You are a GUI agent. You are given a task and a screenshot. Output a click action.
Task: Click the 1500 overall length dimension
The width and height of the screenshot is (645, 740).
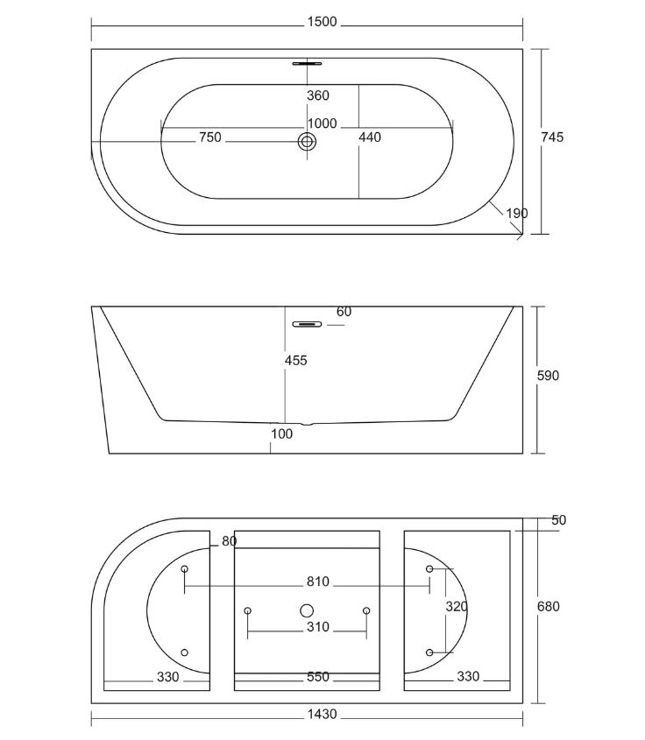click(x=322, y=22)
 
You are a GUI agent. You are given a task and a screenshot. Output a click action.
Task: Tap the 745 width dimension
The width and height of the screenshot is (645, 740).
click(x=552, y=137)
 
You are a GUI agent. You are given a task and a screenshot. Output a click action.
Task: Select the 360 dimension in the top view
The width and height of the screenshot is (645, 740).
click(x=318, y=95)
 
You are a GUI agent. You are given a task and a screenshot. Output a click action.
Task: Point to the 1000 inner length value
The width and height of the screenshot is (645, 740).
click(x=322, y=123)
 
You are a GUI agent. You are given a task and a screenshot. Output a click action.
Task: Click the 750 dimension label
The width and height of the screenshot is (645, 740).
click(x=210, y=137)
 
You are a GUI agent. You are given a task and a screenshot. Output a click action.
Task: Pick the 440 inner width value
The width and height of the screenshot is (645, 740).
click(x=370, y=137)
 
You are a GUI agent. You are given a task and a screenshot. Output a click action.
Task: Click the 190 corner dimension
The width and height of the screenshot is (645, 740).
click(x=517, y=214)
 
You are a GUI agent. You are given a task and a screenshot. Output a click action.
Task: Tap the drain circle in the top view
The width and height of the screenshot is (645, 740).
click(x=307, y=141)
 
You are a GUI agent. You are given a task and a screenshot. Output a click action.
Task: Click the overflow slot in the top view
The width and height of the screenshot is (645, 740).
click(x=307, y=63)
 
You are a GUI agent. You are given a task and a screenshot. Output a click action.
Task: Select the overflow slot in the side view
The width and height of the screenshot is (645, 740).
click(x=307, y=324)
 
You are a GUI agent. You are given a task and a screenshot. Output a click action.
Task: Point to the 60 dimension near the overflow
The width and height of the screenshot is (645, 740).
click(x=344, y=312)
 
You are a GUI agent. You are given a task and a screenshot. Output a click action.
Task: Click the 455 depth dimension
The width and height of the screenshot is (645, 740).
click(x=296, y=361)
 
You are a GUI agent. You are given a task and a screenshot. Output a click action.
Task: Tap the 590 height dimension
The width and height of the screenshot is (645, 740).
click(x=549, y=376)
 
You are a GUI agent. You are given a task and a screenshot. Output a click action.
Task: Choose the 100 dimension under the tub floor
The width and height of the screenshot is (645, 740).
click(x=282, y=433)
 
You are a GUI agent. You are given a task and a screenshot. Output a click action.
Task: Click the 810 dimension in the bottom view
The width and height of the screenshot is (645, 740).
click(x=318, y=581)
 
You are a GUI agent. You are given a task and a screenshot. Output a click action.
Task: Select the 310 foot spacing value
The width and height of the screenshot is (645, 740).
click(x=318, y=627)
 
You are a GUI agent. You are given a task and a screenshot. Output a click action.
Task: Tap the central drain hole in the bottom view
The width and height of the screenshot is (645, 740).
click(x=307, y=610)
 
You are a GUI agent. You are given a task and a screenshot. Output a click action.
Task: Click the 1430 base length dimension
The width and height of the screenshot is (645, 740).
click(x=322, y=714)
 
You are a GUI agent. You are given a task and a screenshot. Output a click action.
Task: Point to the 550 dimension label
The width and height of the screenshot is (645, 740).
click(x=318, y=677)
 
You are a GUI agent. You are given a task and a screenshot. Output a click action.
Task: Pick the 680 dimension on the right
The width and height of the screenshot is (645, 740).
click(x=549, y=606)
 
